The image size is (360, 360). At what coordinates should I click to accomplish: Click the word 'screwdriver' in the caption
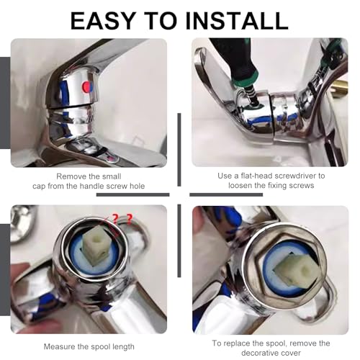point(294,175)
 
